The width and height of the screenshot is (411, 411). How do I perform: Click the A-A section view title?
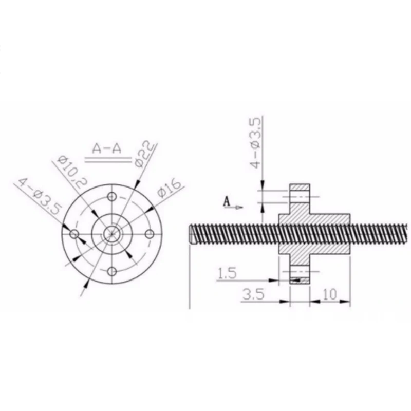pos(107,149)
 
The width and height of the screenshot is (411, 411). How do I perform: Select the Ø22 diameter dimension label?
pos(144,154)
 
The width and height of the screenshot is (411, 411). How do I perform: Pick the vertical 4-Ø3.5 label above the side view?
pos(255,143)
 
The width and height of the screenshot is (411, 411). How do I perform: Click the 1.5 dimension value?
pos(227,273)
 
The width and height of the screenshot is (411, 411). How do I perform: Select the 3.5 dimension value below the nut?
pos(253,294)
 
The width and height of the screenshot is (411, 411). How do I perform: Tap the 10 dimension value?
pos(330,294)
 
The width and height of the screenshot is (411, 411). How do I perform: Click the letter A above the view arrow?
pos(227,202)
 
